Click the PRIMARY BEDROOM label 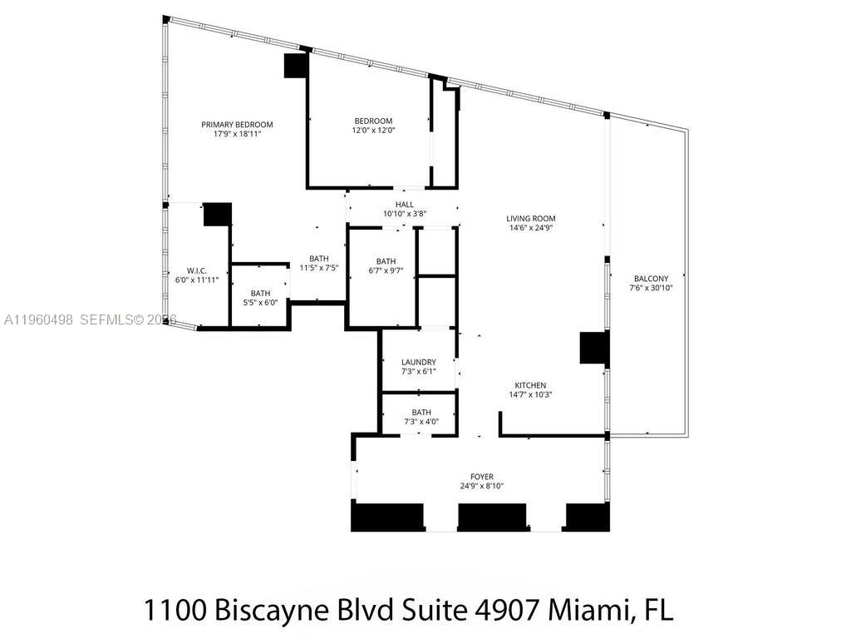click(x=237, y=125)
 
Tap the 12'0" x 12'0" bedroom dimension click(x=372, y=131)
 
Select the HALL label click(x=404, y=204)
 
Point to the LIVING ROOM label click(x=529, y=219)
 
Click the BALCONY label click(x=650, y=279)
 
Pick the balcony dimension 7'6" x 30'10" click(x=650, y=289)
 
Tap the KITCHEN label click(x=530, y=385)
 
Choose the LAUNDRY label click(x=418, y=362)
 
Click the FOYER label click(x=482, y=477)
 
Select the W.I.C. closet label click(x=196, y=270)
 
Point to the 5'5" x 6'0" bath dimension click(x=260, y=303)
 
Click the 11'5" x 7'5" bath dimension click(x=318, y=268)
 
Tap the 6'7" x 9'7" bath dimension click(x=386, y=270)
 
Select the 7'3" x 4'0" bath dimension click(x=421, y=422)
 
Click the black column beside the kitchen click(x=593, y=347)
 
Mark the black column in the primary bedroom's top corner click(x=296, y=66)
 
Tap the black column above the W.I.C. click(x=217, y=214)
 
